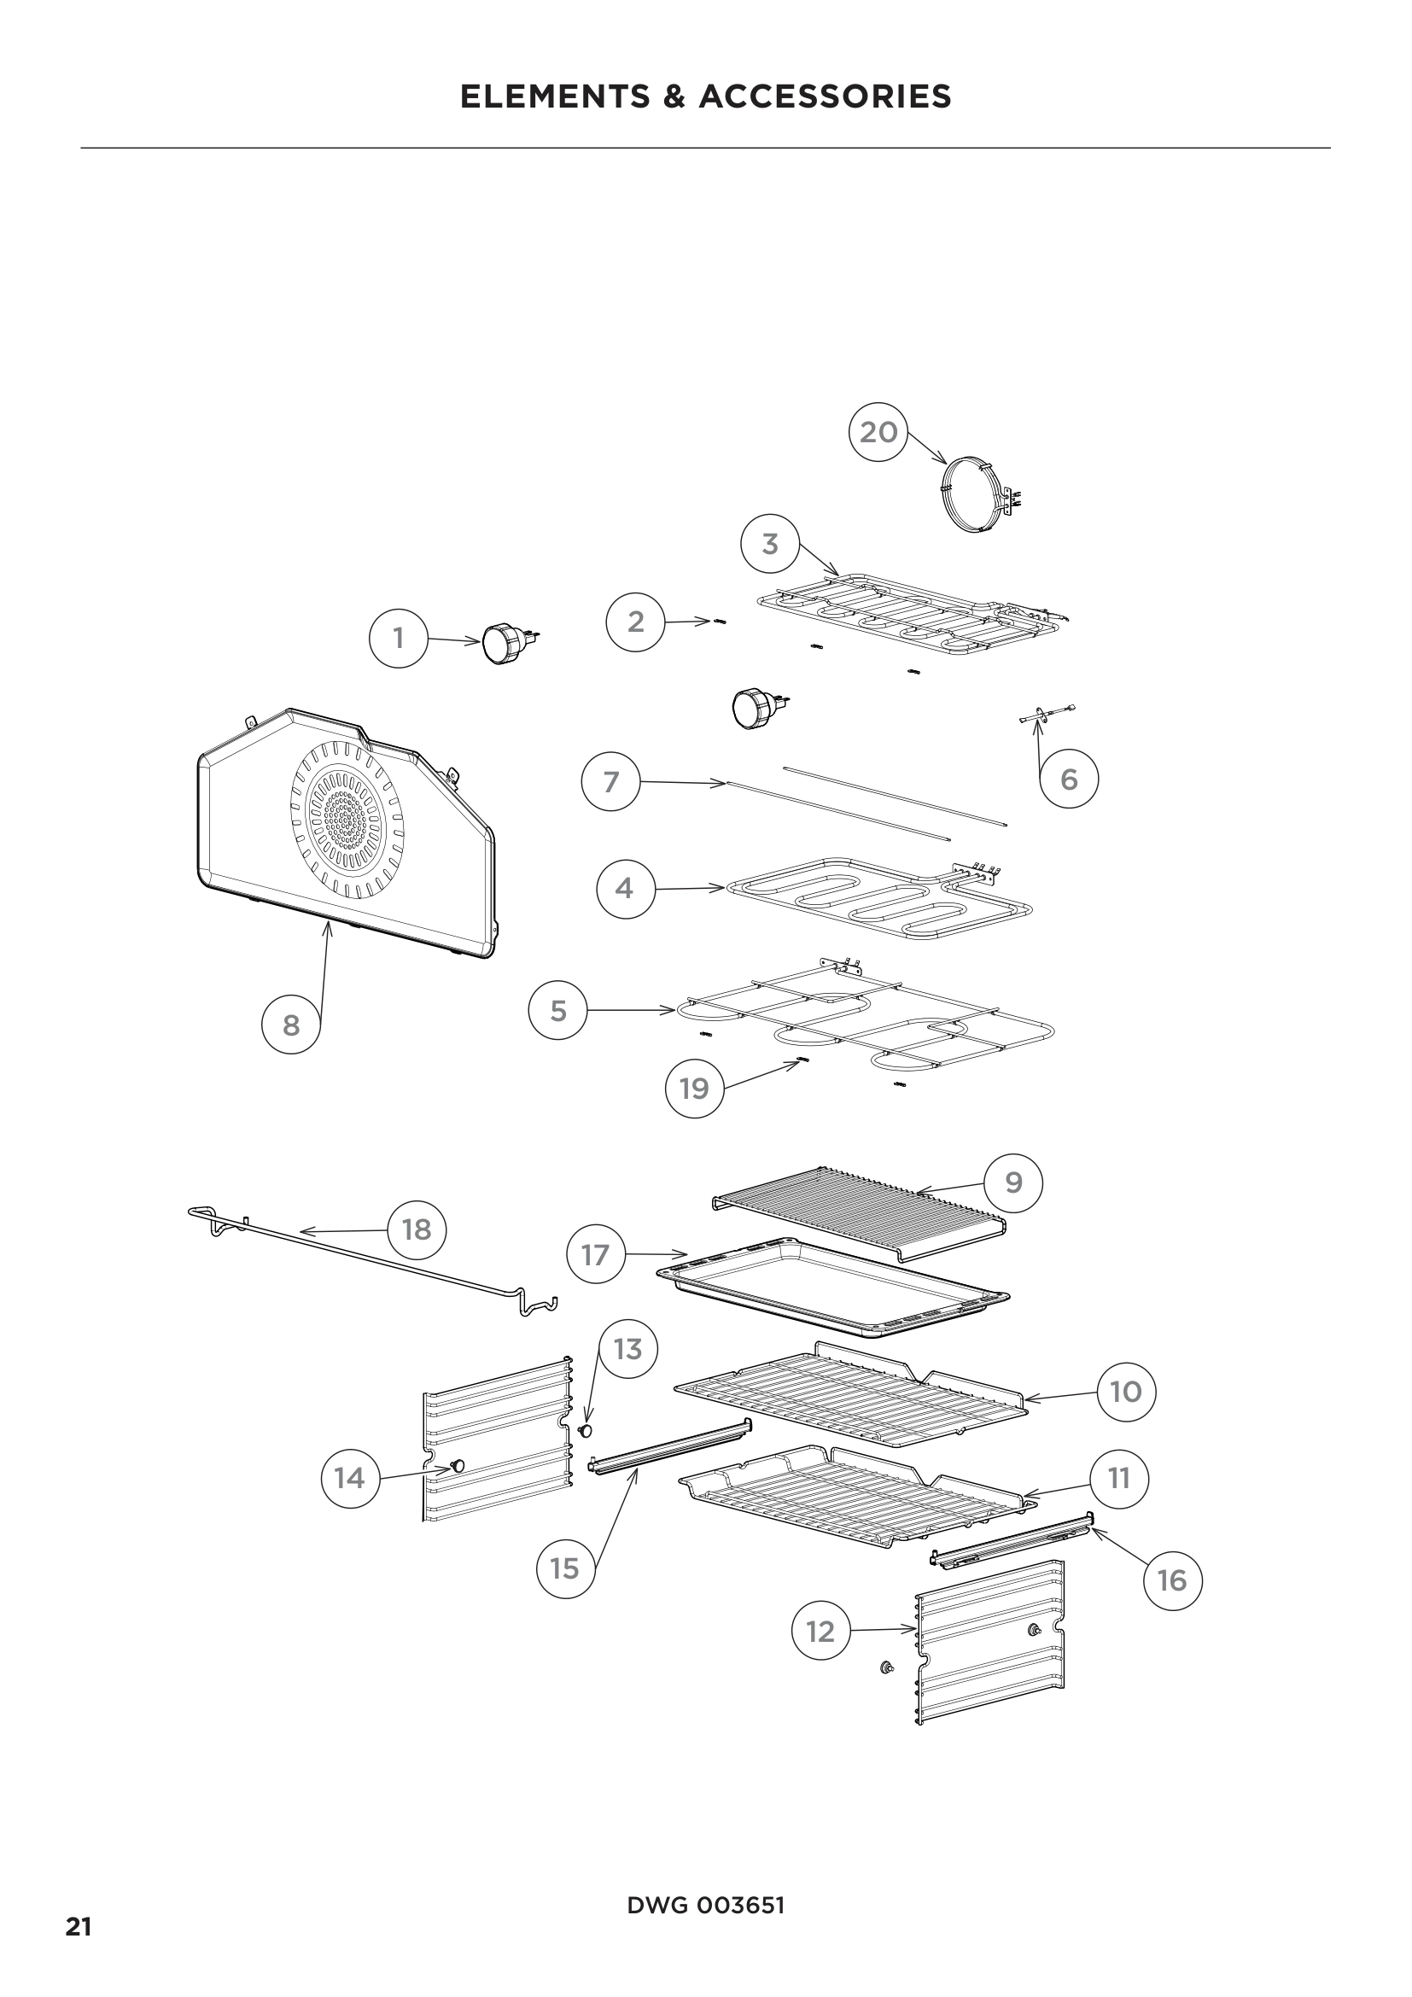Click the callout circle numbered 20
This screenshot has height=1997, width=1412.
878,431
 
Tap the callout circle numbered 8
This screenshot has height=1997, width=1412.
291,1025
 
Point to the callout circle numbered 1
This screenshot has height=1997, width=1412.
398,639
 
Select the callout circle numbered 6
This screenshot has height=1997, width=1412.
1069,780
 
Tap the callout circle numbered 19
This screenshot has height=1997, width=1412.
694,1088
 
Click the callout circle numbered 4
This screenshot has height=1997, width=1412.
625,888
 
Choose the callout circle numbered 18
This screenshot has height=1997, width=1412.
417,1229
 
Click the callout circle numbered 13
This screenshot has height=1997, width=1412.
627,1349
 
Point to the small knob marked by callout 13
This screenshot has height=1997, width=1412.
586,1430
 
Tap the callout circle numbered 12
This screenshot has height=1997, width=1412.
820,1632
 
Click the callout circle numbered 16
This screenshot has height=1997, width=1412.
1172,1579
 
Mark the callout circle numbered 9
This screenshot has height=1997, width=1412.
1013,1182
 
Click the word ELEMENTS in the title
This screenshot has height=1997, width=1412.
555,96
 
